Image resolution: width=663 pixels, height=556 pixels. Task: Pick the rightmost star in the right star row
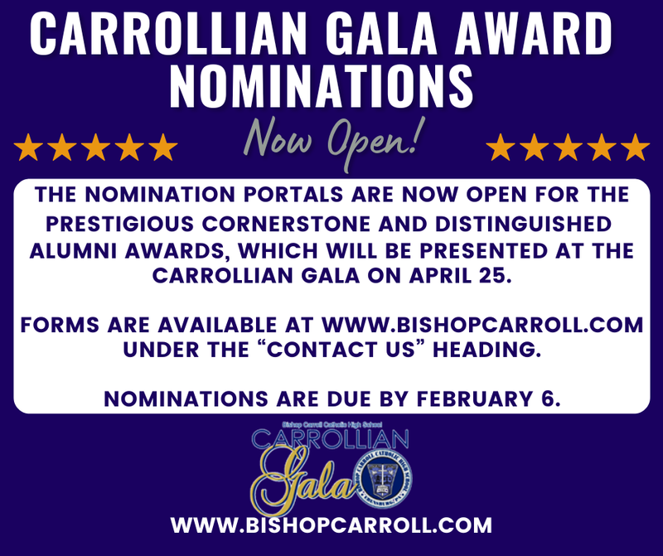635,147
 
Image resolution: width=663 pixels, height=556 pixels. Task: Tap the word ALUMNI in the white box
70,251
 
